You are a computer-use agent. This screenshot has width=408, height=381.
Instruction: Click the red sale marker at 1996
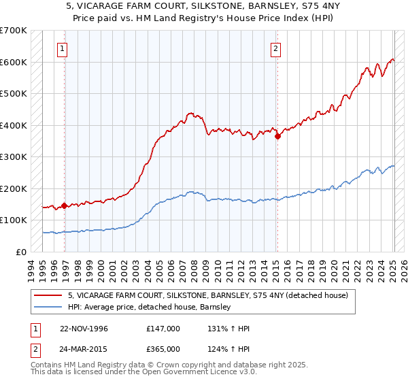[64, 205]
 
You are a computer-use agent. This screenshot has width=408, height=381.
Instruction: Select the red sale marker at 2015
[277, 136]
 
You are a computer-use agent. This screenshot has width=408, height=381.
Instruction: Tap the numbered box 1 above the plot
[63, 48]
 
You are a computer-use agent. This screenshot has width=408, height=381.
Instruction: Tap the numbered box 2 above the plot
[275, 48]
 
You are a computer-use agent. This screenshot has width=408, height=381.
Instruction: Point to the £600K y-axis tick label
[13, 62]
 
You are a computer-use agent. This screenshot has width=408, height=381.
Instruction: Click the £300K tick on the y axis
[13, 157]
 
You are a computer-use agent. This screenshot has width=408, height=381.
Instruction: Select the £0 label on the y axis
[22, 252]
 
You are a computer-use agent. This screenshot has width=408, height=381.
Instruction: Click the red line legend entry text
[207, 295]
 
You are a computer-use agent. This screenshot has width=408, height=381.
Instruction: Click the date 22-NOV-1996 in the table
[84, 329]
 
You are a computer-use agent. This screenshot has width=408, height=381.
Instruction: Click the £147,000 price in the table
[163, 329]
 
